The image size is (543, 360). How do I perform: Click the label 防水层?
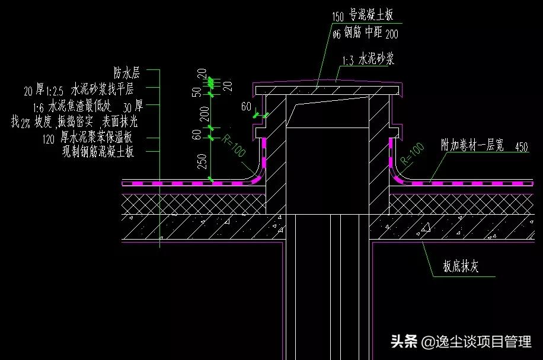pyautogui.click(x=126, y=74)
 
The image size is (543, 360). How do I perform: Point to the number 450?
pyautogui.click(x=522, y=146)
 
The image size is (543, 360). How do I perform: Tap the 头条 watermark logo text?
pyautogui.click(x=403, y=342)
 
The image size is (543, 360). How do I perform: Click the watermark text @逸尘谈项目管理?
pyautogui.click(x=477, y=342)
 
